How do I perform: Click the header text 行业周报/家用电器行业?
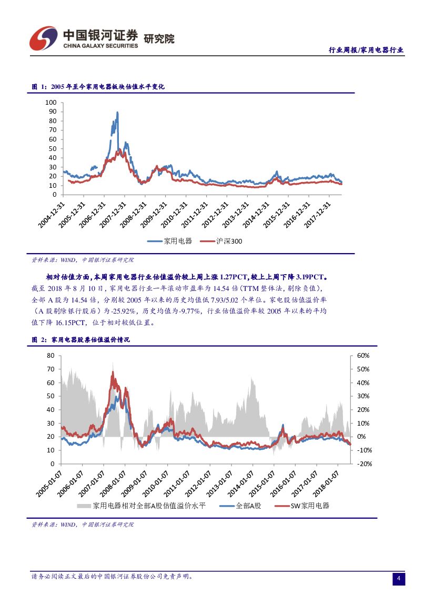(366, 51)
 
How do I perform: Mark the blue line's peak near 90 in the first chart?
(117, 112)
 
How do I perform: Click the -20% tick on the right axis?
(365, 464)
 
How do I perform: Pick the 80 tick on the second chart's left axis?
(50, 356)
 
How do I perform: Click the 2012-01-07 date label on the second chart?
(198, 485)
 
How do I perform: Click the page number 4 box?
(399, 579)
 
